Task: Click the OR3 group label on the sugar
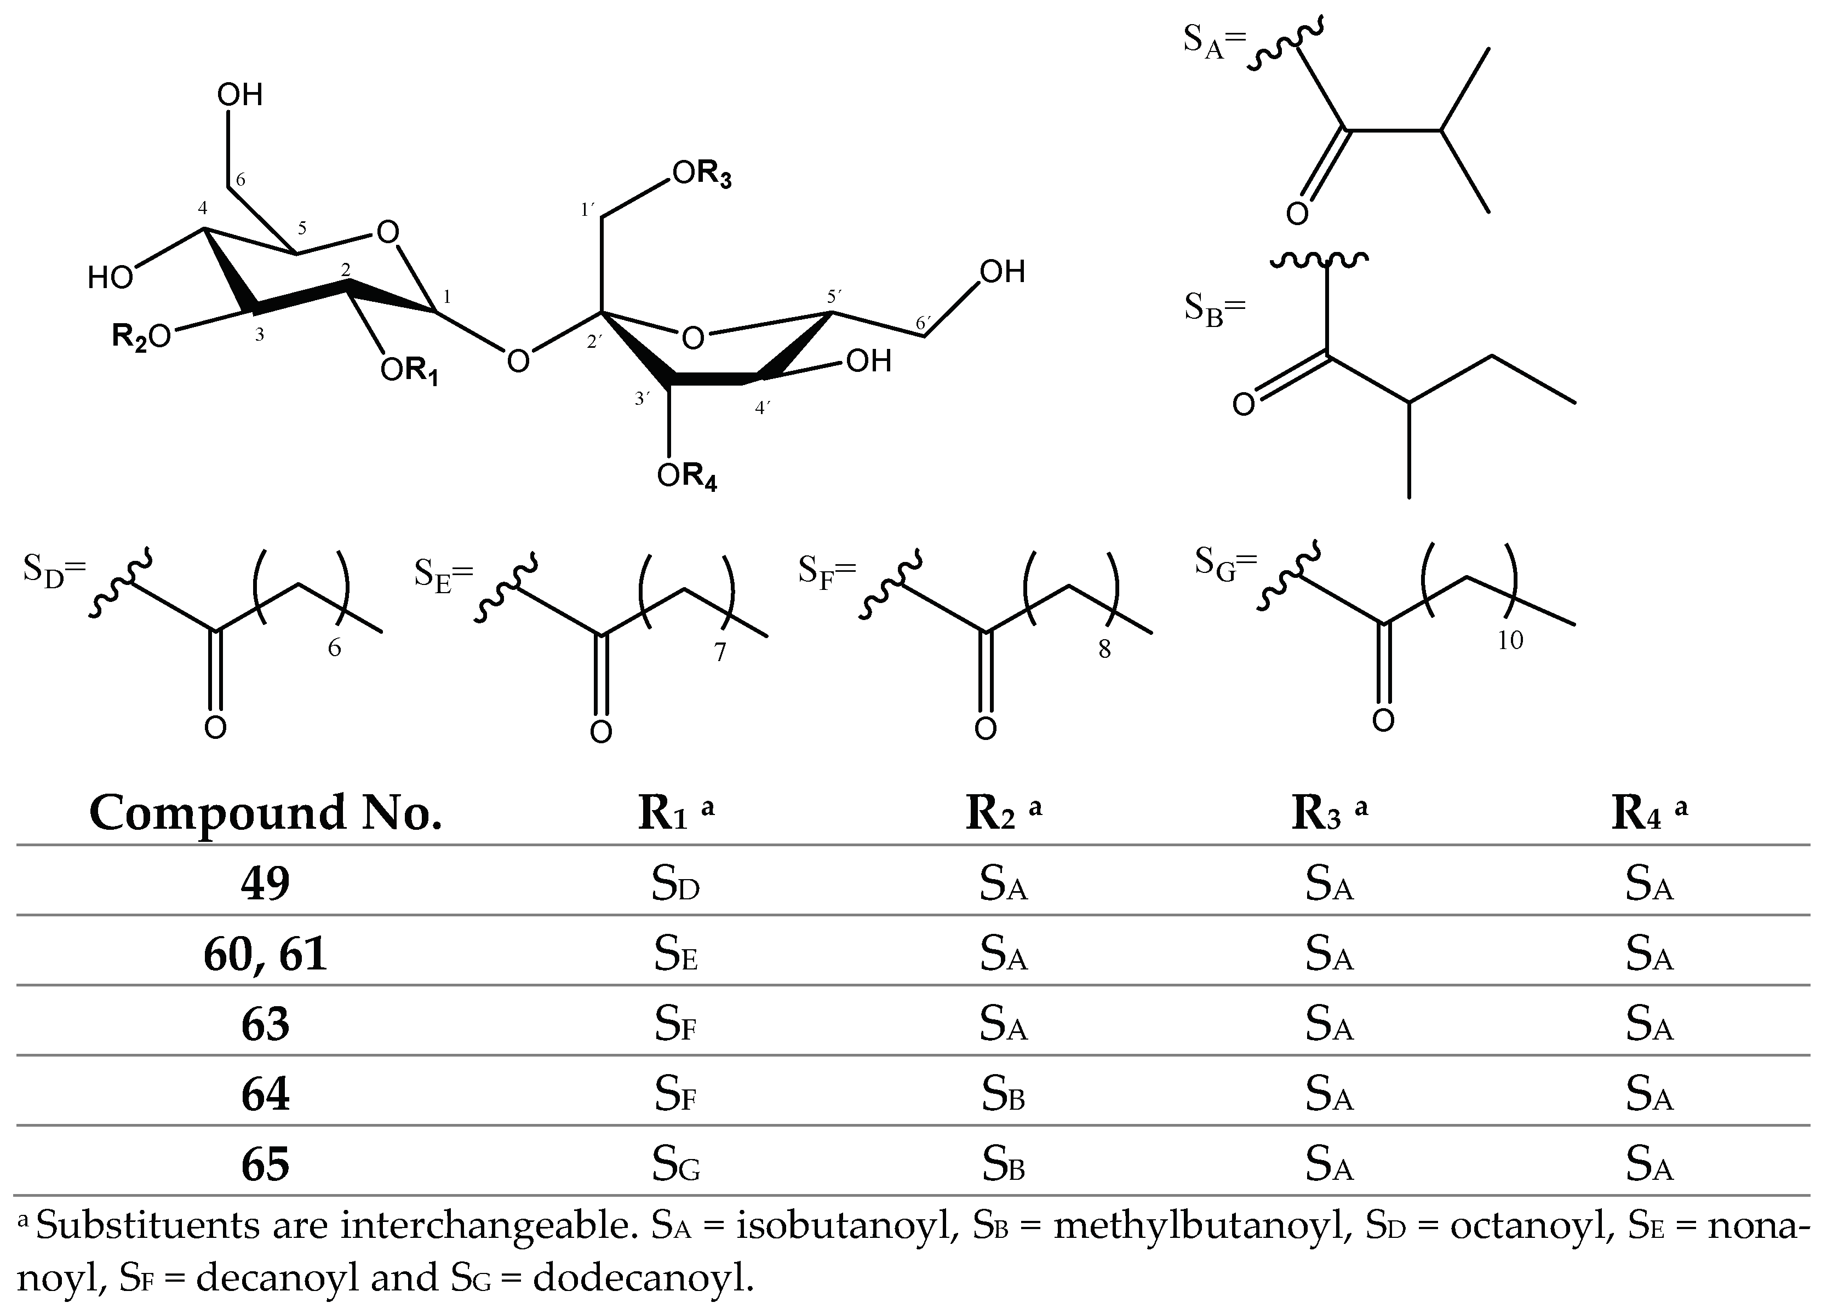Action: click(702, 174)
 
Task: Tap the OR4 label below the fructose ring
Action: click(686, 477)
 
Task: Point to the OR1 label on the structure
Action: click(410, 371)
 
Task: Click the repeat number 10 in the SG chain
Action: click(1510, 640)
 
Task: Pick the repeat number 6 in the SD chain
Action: click(334, 649)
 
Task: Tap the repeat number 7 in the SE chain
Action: click(719, 652)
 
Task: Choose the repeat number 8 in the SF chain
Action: click(1104, 650)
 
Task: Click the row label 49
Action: click(265, 884)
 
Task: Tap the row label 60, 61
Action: click(265, 954)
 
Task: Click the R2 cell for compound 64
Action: click(1003, 1095)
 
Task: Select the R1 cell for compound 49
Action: click(675, 884)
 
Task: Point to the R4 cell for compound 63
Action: click(1649, 1025)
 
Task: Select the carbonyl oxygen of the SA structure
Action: click(1297, 214)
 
